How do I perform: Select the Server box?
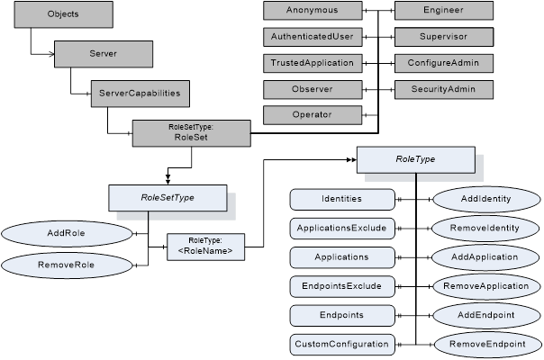tap(102, 53)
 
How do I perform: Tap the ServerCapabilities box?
tap(140, 92)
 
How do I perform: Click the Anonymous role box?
tap(313, 11)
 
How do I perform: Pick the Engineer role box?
tap(444, 11)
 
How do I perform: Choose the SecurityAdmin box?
tap(444, 89)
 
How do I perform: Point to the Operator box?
tap(313, 114)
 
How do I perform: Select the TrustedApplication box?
tap(313, 63)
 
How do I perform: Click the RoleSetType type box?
tap(168, 196)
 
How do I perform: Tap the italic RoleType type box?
tap(415, 159)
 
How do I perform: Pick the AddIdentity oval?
tap(487, 198)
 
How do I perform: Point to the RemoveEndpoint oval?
tap(487, 345)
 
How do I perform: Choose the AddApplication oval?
tap(487, 256)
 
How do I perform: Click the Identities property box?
tap(341, 198)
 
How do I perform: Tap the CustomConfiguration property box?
tap(341, 345)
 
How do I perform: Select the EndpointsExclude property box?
tap(341, 286)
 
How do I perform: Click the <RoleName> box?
tap(205, 246)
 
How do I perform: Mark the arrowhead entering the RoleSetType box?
tap(168, 179)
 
